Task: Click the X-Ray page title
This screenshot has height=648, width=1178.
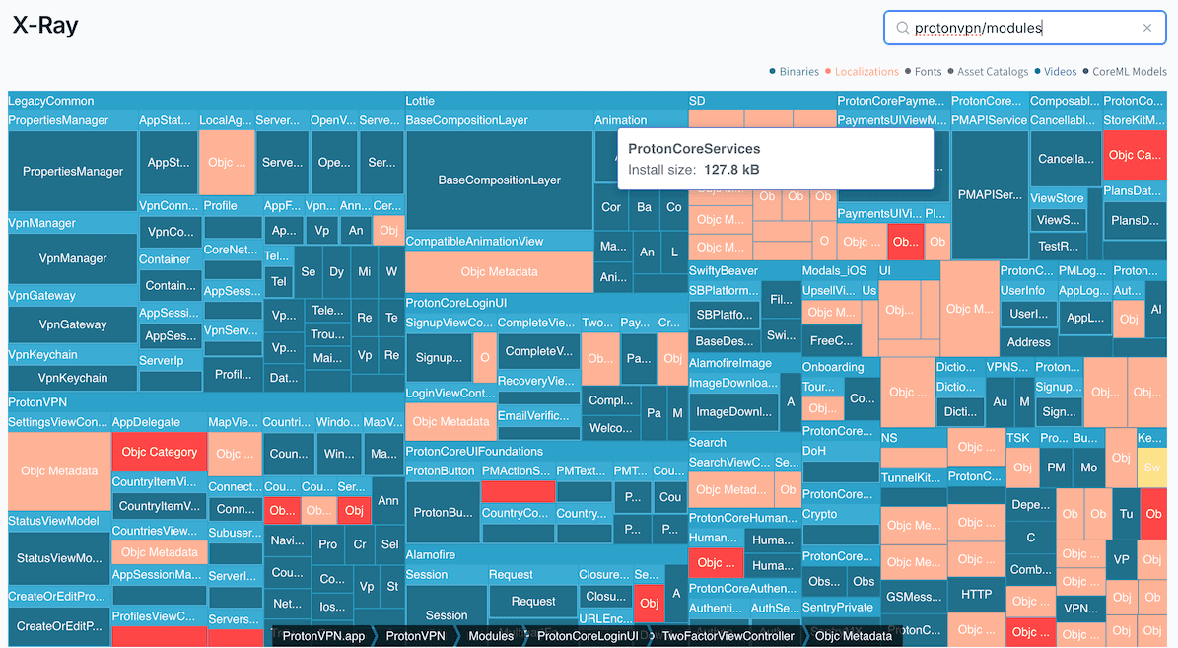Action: (x=45, y=27)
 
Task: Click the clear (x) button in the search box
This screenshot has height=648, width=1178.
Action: (x=1146, y=29)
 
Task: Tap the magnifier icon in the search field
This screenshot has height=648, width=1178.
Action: (x=901, y=29)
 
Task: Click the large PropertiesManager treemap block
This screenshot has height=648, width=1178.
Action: (x=73, y=172)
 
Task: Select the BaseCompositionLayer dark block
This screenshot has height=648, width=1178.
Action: (x=499, y=180)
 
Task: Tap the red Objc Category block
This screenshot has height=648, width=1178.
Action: (x=159, y=453)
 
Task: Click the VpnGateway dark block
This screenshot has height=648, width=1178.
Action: (x=73, y=324)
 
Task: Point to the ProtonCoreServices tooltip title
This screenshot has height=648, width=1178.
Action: (x=694, y=149)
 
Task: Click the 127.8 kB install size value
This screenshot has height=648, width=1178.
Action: (x=730, y=170)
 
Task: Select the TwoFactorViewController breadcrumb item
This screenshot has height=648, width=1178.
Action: (x=728, y=636)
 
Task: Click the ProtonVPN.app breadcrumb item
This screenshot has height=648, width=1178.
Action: (x=323, y=636)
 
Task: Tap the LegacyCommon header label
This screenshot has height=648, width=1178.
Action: (x=51, y=101)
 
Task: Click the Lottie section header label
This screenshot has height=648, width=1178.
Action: (x=420, y=101)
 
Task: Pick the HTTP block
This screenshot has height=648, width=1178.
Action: (x=976, y=594)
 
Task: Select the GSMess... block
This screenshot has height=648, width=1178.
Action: (x=912, y=597)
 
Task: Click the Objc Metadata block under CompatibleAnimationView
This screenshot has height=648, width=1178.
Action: (x=499, y=272)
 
